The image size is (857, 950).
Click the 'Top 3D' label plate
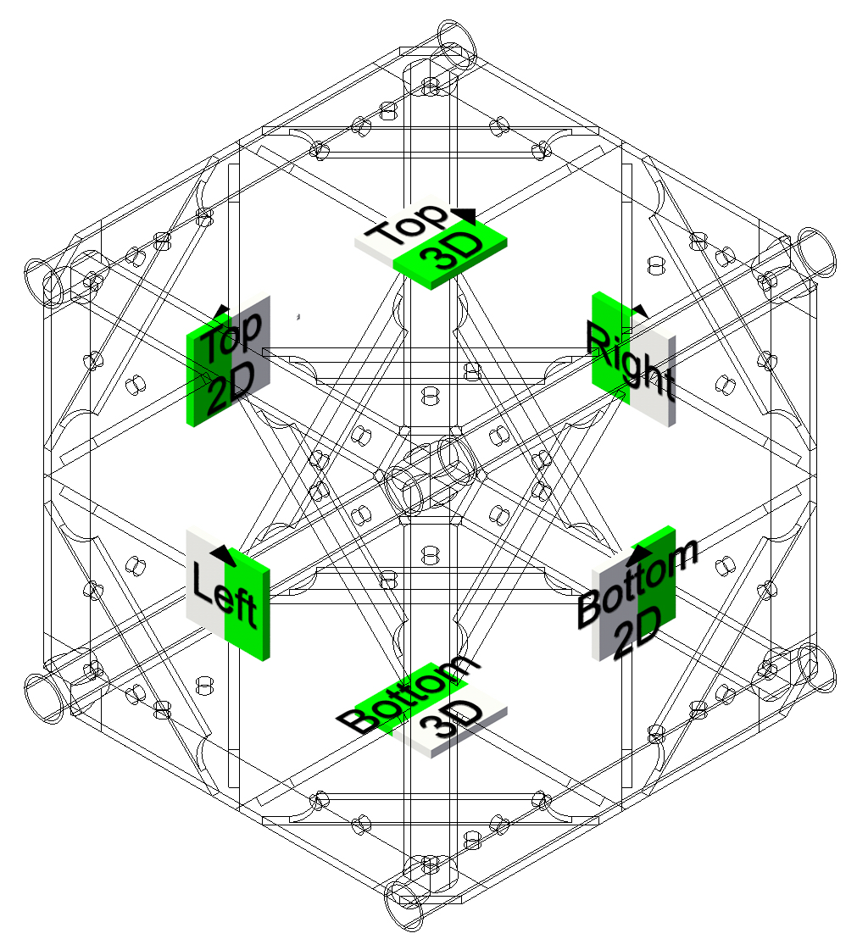click(x=431, y=242)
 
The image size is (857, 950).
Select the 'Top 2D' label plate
click(x=228, y=361)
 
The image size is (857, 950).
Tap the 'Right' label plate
click(x=633, y=360)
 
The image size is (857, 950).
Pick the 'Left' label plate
click(x=228, y=594)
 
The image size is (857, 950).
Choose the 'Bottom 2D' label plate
click(x=633, y=594)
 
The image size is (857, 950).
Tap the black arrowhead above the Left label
click(x=223, y=554)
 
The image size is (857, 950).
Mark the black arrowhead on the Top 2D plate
click(x=222, y=311)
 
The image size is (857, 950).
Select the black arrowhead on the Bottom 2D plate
click(x=640, y=551)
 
